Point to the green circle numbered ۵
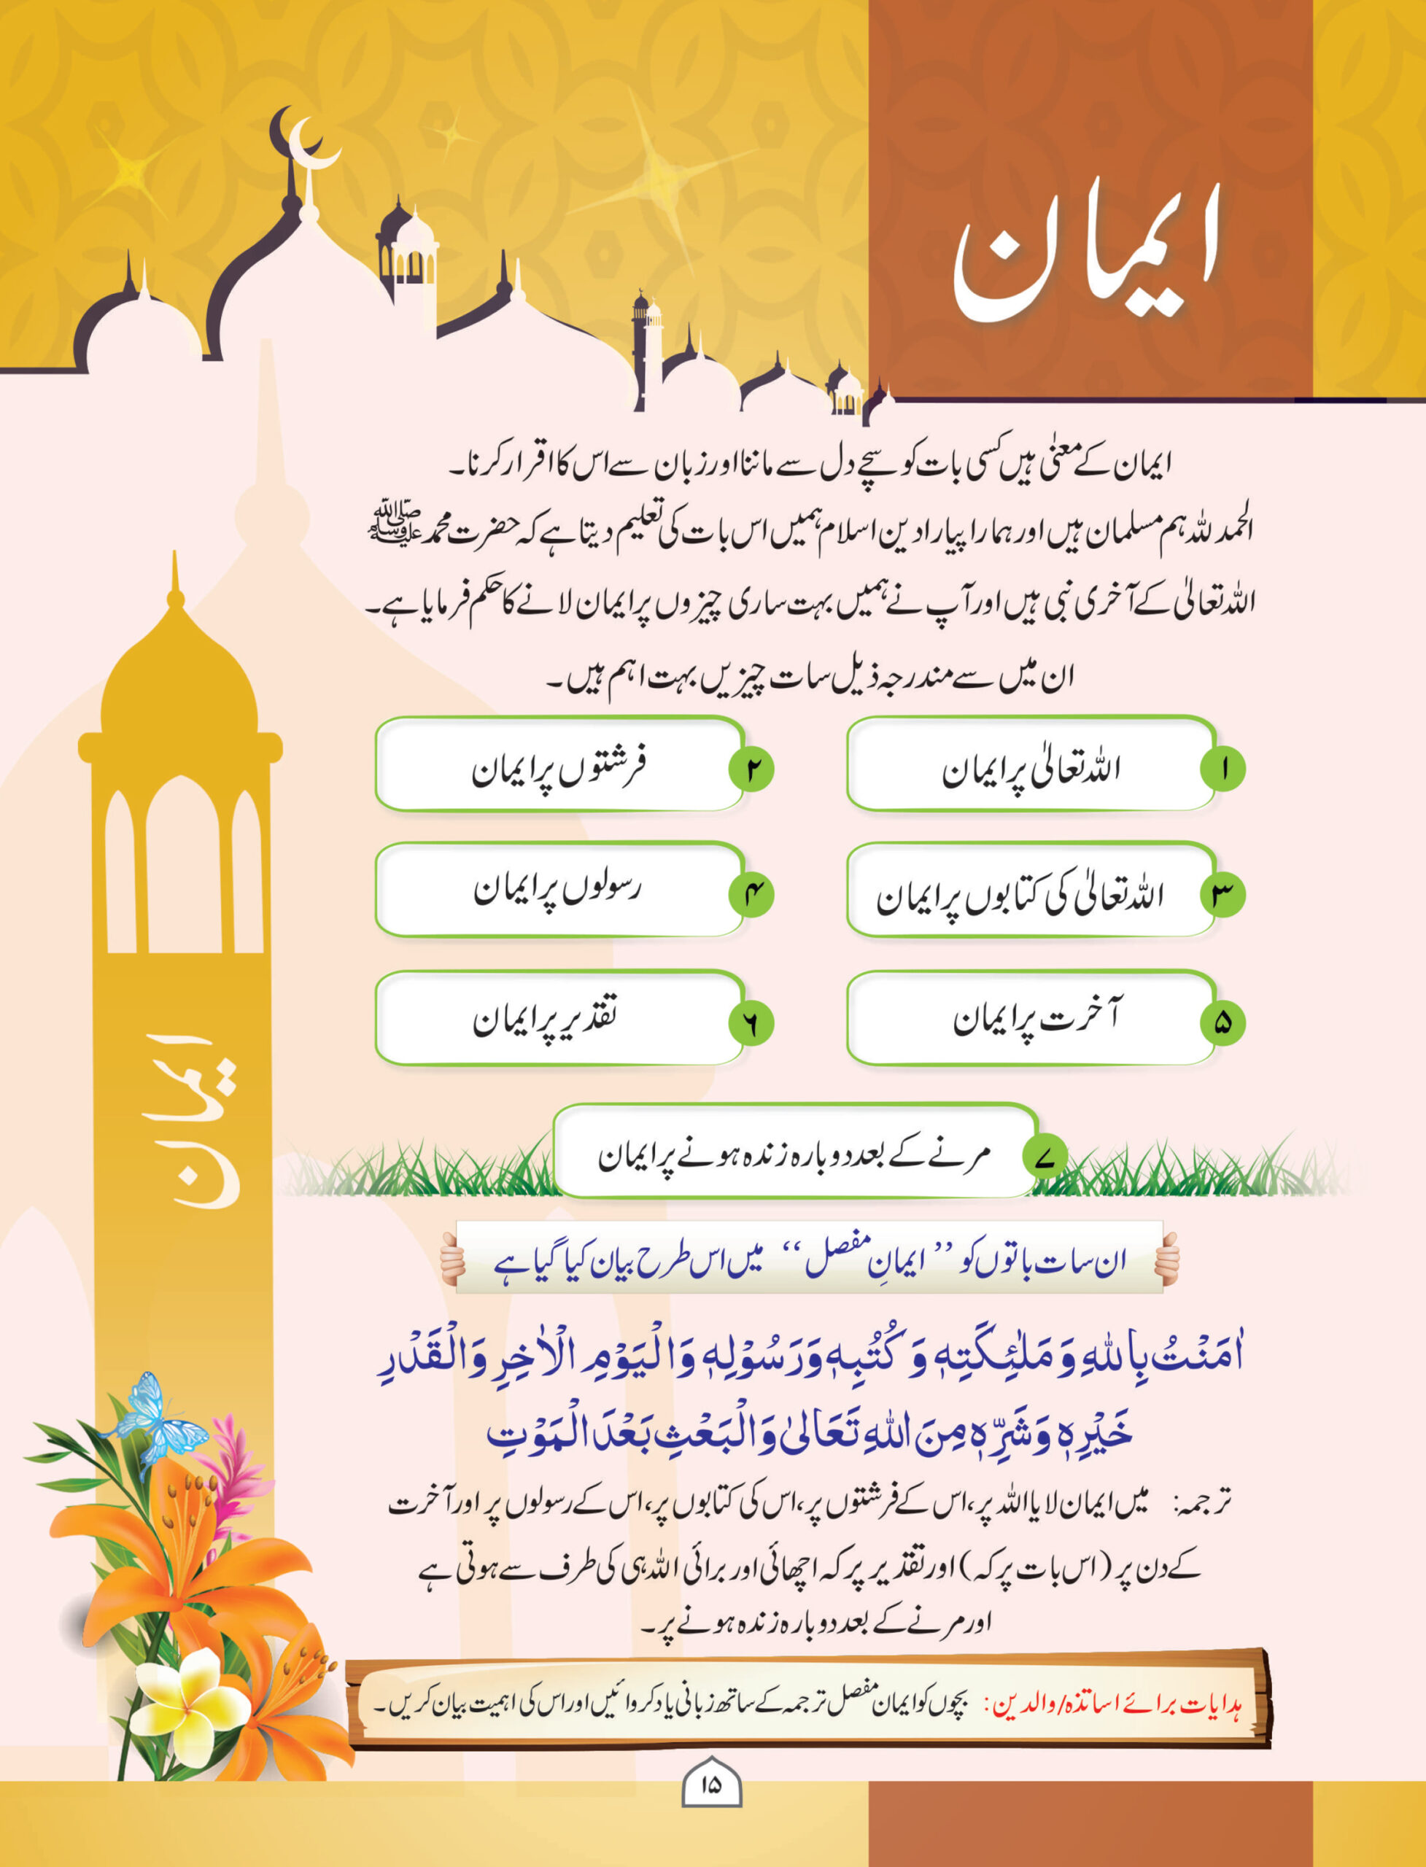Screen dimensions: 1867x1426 point(1222,1022)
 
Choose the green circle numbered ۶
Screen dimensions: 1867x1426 point(751,1022)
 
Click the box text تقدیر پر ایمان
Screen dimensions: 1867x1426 point(545,1018)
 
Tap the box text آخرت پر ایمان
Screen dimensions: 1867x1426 point(1036,1018)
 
